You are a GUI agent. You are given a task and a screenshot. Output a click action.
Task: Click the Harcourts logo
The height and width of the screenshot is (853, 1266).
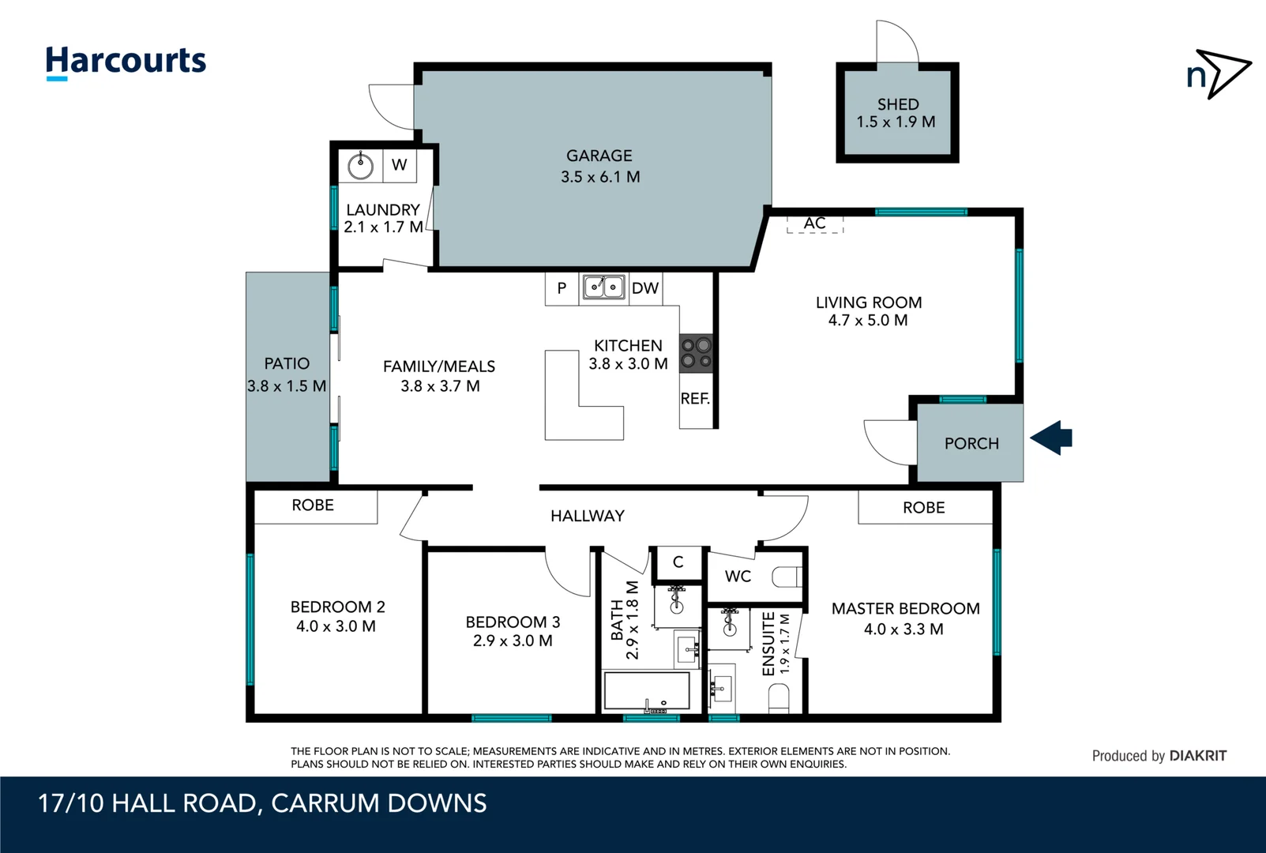coord(126,62)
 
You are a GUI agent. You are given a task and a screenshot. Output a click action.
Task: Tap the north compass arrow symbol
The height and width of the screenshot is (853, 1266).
coord(1221,73)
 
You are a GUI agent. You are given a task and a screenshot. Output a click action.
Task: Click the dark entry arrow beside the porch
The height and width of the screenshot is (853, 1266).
coord(1052,438)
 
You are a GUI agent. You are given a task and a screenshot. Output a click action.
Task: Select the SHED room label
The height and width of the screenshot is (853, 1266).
coord(898,104)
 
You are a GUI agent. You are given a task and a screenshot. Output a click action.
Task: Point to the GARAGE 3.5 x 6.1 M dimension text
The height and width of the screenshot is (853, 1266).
coord(600,177)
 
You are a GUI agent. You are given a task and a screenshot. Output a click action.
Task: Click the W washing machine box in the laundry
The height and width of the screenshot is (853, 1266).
coord(400,165)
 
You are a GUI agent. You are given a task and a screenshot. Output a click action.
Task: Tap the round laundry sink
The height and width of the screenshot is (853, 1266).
coord(361,166)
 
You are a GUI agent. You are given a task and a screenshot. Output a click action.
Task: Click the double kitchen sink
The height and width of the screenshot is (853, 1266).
coord(604,287)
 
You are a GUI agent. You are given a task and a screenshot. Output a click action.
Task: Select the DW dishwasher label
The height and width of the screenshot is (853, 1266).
coord(645,288)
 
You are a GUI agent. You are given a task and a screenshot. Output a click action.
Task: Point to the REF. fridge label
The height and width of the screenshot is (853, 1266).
coord(695,399)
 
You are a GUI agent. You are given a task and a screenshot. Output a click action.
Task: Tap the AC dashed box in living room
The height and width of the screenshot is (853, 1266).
coord(815,224)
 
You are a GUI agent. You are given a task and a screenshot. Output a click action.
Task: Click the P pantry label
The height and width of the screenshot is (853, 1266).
coord(562,288)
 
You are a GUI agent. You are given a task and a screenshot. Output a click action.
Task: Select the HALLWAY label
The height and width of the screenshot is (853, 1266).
coord(588,516)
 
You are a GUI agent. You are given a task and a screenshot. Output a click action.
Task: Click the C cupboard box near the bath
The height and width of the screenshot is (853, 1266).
coord(678,562)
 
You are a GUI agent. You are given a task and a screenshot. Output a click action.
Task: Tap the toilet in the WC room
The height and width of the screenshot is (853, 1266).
coord(787,577)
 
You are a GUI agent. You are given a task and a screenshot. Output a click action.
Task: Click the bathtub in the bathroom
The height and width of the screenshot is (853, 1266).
coord(646,691)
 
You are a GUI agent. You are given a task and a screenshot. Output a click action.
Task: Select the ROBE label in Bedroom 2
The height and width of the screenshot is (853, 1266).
coord(313,505)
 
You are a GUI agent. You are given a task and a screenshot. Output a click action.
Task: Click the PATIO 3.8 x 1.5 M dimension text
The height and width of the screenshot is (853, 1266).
coord(287,386)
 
